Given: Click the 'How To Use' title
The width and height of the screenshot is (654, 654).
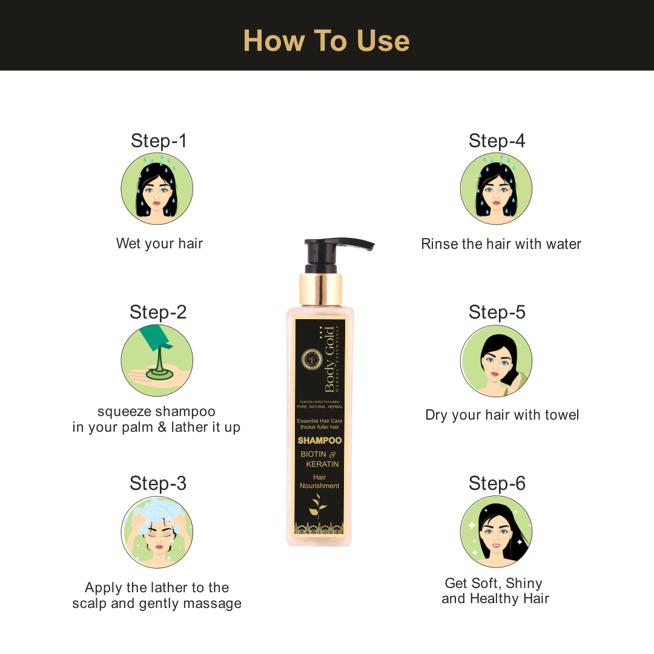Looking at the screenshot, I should [326, 41].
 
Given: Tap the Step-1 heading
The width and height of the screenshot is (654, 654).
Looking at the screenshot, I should [159, 140].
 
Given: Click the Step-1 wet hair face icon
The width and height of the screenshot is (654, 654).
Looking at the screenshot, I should [157, 189].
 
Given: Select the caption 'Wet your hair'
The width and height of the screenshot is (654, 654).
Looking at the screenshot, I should [159, 243].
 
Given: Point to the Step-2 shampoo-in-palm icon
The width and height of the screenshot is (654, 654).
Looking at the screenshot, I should [157, 360].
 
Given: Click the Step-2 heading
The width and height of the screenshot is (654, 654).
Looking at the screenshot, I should [158, 312].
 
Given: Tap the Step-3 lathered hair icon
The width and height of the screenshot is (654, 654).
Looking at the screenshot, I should [157, 532].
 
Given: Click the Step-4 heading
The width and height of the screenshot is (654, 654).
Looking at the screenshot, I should [497, 140].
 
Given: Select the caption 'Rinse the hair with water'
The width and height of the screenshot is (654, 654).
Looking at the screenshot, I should [501, 244].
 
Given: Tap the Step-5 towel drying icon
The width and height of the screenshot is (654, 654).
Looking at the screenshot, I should [496, 360].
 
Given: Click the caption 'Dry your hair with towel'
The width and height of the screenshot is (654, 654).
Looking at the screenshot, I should [502, 415].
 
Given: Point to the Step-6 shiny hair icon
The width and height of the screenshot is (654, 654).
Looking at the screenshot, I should [496, 532].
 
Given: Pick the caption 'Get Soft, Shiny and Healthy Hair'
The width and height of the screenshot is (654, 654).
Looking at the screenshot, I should [495, 591].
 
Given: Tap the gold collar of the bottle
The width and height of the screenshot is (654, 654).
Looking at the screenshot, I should [320, 289].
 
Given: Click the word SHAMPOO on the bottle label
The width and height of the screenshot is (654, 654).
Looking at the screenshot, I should [320, 440].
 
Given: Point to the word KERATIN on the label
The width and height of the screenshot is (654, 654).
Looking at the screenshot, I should [322, 464].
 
